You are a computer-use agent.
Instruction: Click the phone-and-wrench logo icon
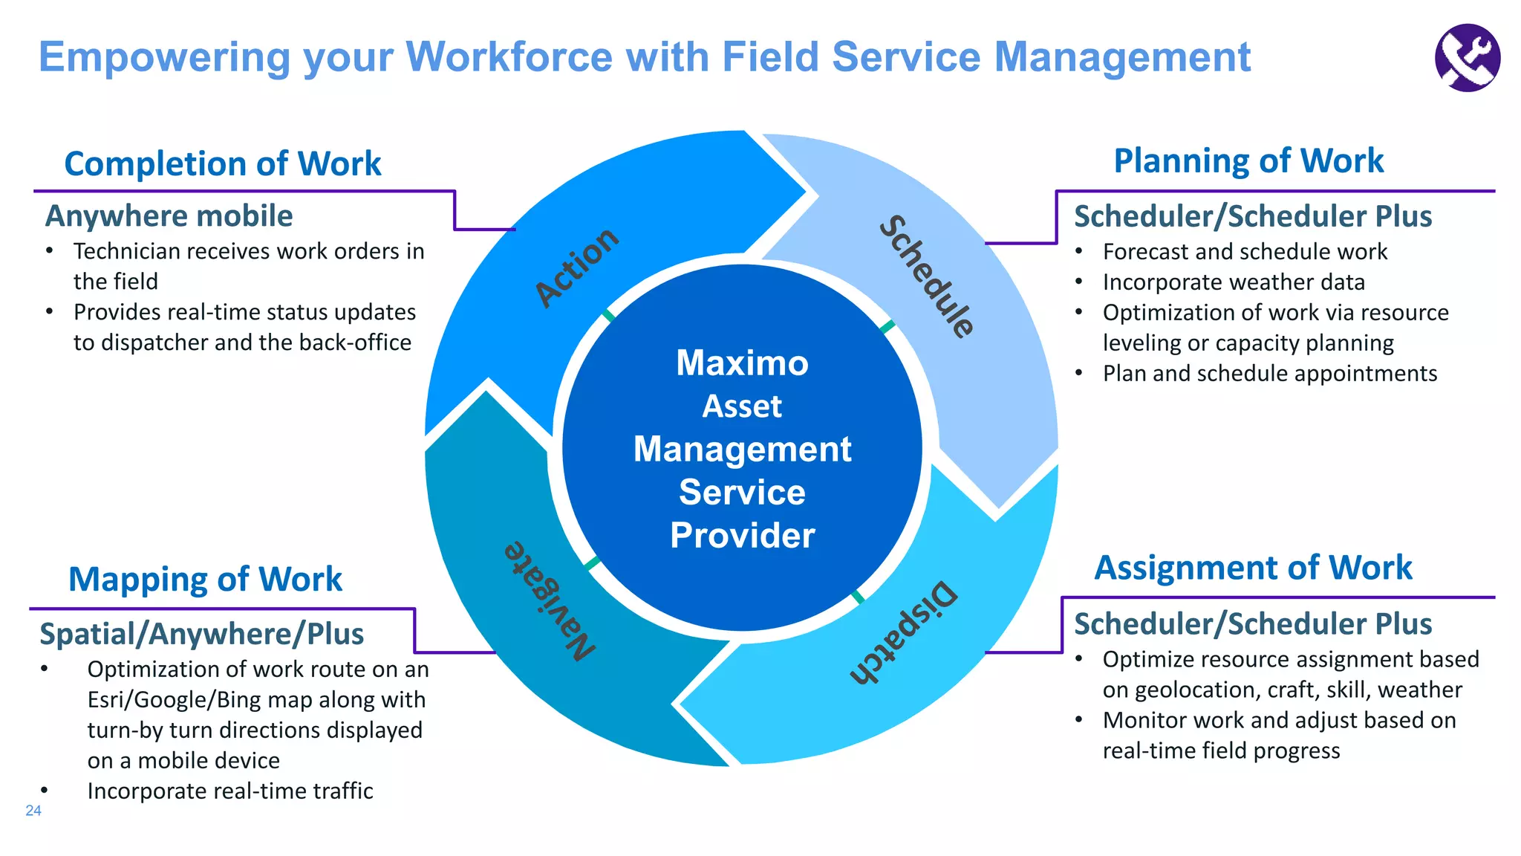coord(1467,58)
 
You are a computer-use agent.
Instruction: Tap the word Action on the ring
coord(577,267)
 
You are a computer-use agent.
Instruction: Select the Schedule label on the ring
coord(926,276)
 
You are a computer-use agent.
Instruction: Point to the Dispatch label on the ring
coord(904,632)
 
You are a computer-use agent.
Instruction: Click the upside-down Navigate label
coord(550,600)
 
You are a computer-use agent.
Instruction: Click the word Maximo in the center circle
coord(742,363)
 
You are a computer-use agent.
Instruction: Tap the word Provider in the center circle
coord(742,535)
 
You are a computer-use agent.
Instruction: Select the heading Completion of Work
coord(223,163)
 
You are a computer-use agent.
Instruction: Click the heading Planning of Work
coord(1248,161)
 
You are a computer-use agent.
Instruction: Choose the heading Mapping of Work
coord(205,579)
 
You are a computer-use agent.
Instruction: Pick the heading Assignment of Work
coord(1253,568)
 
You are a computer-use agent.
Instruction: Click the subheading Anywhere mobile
coord(169,216)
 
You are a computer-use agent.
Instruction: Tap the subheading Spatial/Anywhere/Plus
coord(201,634)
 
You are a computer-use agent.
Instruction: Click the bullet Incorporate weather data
coord(1234,282)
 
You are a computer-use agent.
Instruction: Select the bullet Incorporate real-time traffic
coord(230,791)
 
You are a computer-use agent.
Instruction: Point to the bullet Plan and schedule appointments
coord(1269,373)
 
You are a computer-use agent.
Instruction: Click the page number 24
coord(33,811)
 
